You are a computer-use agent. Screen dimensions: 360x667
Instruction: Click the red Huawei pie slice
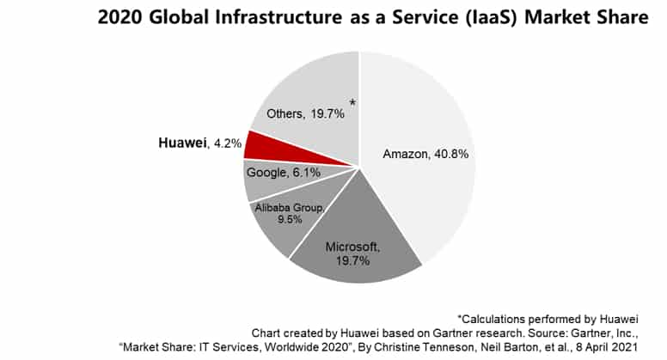pos(259,145)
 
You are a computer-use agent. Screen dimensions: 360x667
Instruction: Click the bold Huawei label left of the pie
pos(183,144)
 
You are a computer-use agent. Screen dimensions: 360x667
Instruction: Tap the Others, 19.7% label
pos(305,113)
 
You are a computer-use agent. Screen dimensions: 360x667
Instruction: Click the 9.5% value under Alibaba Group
pos(288,219)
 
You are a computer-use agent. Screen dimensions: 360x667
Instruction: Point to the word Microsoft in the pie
pos(352,247)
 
